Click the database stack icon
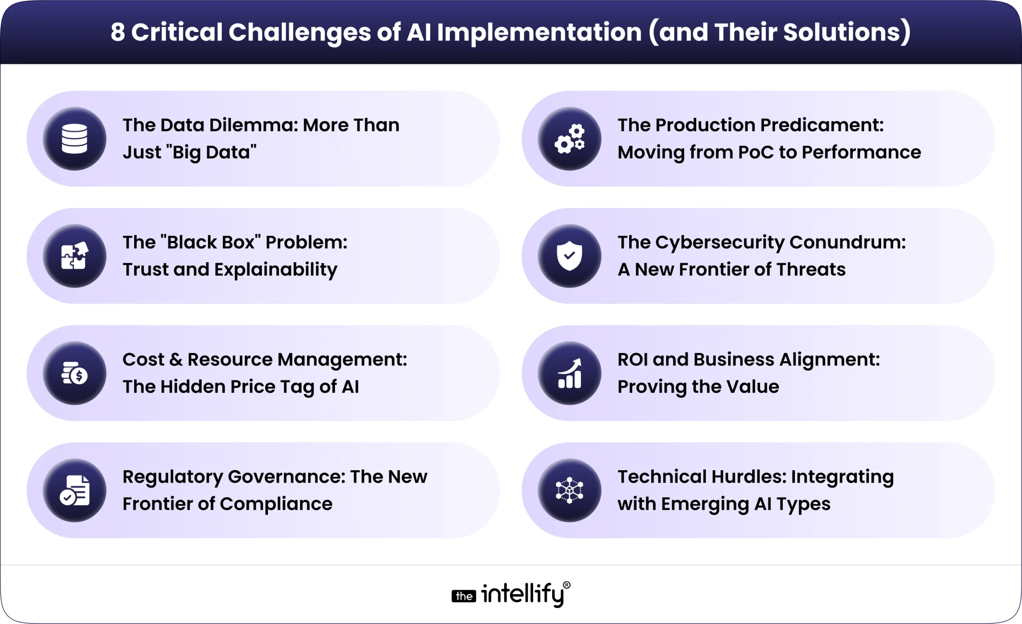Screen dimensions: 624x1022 tap(75, 139)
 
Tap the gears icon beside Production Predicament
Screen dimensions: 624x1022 tap(569, 139)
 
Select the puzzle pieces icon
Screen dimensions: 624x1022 tap(75, 256)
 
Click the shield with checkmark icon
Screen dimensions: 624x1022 tap(569, 256)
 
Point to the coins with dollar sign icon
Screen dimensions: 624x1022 tap(75, 373)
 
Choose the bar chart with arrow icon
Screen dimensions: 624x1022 tap(569, 373)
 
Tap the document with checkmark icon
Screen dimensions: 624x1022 tap(75, 490)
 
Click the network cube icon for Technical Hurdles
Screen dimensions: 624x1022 tap(569, 490)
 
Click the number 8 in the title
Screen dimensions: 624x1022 tap(117, 32)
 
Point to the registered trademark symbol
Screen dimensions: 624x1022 tap(566, 585)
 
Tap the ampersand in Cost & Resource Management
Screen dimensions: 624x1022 tap(176, 360)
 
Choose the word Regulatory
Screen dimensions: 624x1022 tap(172, 477)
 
